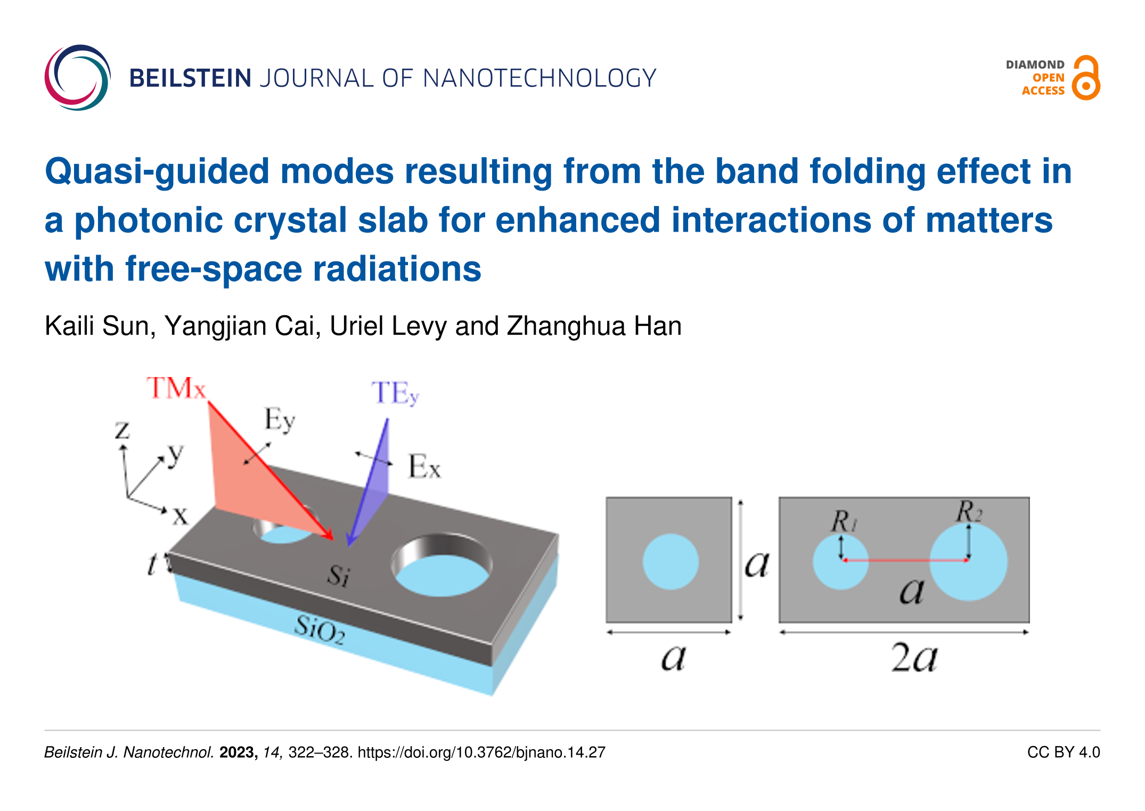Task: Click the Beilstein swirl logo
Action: [x=78, y=78]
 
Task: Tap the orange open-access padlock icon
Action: [x=1086, y=78]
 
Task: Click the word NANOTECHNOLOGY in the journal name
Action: [x=539, y=78]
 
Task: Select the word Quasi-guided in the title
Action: [x=157, y=172]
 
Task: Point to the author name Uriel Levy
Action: [x=388, y=326]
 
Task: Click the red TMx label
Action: [x=176, y=388]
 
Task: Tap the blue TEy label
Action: [x=395, y=394]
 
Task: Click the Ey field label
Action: [x=280, y=421]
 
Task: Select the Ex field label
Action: [x=424, y=466]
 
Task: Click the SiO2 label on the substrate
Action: [x=320, y=629]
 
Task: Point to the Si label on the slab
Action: [x=339, y=575]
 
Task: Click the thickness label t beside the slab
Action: [x=152, y=564]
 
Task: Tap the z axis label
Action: [x=122, y=430]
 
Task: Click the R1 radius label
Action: [x=845, y=521]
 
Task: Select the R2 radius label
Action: [x=969, y=511]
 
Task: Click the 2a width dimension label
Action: [x=914, y=658]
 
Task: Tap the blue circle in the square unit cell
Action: [x=670, y=561]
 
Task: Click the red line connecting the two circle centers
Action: [x=905, y=560]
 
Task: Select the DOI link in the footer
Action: [x=481, y=752]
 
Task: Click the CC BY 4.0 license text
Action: [x=1064, y=752]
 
